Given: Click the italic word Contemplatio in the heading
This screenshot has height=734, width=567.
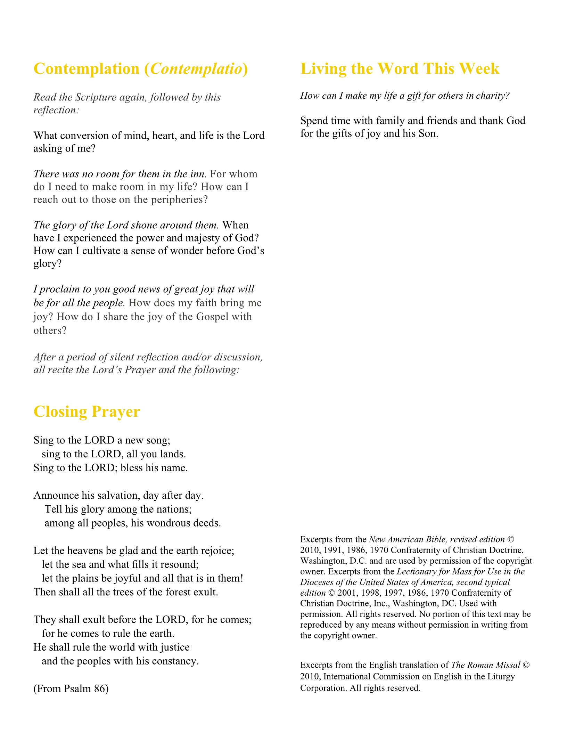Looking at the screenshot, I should pos(196,69).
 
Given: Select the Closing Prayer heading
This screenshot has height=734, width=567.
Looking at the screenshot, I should pos(87,411).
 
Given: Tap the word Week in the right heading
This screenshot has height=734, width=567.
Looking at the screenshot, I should pos(479,69).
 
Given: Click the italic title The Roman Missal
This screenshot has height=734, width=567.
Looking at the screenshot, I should pos(486,665).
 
